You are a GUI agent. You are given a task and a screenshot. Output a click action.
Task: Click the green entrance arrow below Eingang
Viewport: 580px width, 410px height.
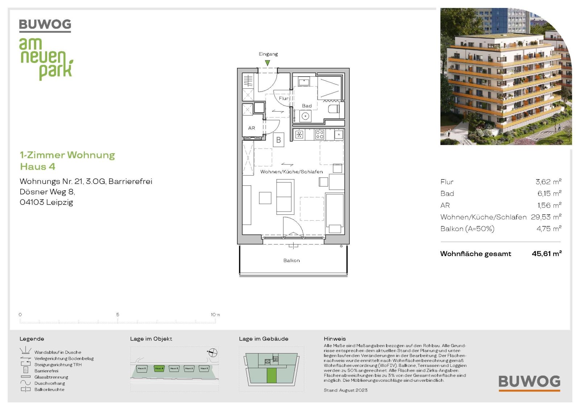(268, 63)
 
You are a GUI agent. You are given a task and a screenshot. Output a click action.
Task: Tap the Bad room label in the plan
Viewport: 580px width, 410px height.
(307, 106)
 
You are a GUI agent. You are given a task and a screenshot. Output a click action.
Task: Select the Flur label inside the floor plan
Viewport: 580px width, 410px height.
(283, 98)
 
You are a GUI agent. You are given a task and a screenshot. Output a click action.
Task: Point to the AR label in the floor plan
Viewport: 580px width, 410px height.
(252, 128)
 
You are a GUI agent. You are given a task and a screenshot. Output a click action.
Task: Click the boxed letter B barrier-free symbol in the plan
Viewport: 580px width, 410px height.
(278, 140)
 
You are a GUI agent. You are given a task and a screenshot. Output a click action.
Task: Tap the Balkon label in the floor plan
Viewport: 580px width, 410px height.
(291, 260)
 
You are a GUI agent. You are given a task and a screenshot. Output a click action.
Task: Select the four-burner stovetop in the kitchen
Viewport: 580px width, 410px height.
(319, 135)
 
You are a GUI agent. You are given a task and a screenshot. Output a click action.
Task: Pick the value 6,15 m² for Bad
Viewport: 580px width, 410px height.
(549, 193)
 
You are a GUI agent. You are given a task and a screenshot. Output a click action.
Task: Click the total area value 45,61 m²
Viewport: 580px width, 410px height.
(546, 254)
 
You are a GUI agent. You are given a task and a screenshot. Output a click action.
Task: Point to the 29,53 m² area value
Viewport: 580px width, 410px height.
(546, 217)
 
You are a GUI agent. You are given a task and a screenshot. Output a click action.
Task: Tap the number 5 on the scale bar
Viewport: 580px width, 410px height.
(118, 314)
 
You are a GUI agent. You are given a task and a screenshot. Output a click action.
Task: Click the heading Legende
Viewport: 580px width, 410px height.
(32, 339)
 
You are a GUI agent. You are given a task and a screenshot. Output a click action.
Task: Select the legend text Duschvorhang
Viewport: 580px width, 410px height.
(50, 383)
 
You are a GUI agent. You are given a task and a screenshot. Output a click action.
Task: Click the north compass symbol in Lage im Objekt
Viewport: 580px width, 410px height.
(212, 352)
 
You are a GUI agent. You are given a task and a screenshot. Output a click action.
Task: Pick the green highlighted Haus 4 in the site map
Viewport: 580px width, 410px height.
(159, 368)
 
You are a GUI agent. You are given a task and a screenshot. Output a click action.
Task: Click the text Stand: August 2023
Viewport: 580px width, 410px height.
(345, 390)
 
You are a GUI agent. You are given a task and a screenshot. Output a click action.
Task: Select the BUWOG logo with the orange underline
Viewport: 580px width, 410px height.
(529, 383)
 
